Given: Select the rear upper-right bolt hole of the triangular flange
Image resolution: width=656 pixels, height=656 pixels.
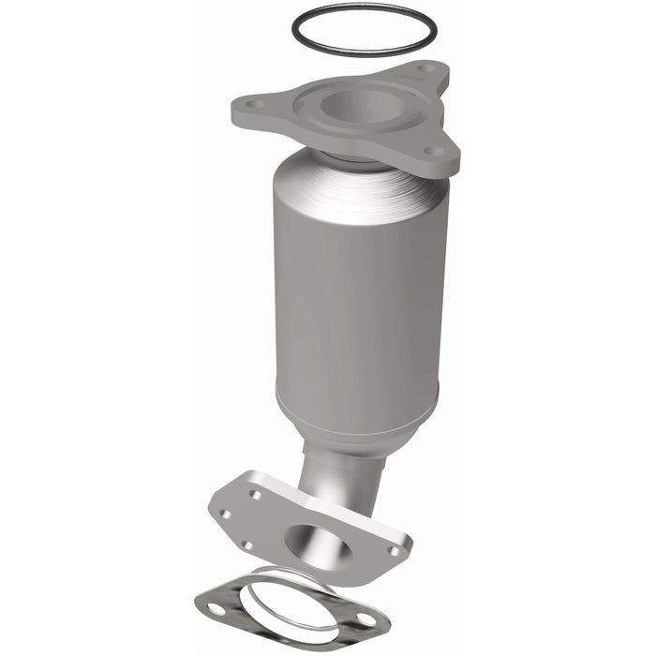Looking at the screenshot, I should tap(427, 68).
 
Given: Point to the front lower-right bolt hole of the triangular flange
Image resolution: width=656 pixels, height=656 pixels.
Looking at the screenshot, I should tap(431, 150).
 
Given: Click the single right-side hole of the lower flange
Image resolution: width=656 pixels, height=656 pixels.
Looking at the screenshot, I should tap(393, 551).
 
